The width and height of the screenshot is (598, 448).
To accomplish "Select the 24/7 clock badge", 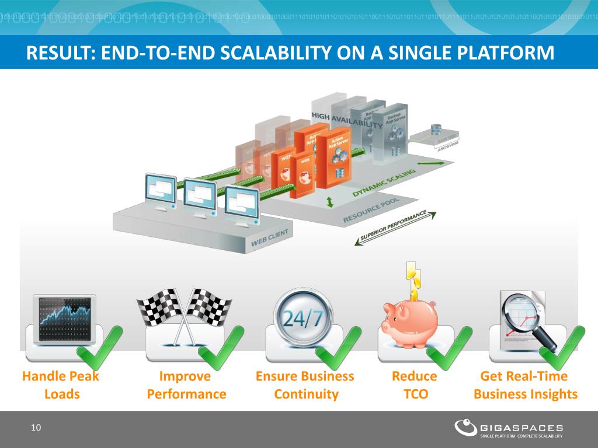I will pos(303,318).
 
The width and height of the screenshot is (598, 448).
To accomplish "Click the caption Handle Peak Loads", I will pos(61,385).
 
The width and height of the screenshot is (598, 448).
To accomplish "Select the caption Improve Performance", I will pos(186,385).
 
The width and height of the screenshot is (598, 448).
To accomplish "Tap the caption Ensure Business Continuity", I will pos(305,385).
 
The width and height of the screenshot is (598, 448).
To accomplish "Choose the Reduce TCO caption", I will pos(415,385).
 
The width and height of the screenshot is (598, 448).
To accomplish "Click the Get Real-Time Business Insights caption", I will pos(525,385).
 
